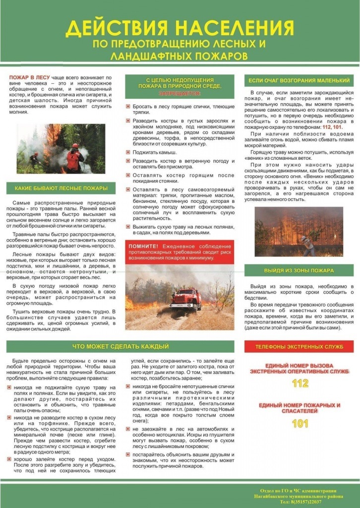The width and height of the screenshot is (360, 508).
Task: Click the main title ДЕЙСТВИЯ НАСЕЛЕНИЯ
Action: pos(180,29)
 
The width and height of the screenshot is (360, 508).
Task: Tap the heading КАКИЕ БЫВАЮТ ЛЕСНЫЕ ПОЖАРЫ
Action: pos(61,188)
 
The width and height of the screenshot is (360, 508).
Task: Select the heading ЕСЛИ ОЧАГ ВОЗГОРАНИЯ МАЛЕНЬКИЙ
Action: pos(299,80)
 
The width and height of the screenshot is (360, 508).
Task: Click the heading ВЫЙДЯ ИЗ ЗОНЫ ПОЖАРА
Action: pos(299,270)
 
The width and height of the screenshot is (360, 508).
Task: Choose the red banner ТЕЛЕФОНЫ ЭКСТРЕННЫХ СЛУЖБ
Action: pos(299,346)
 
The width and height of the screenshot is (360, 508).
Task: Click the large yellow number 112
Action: pos(300,383)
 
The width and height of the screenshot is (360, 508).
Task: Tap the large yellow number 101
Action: pos(300,424)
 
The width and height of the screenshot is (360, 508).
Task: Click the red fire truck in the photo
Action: pos(186,299)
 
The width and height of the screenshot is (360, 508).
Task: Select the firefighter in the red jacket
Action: pos(75,158)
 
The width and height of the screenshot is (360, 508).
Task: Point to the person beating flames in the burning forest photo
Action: pos(304,243)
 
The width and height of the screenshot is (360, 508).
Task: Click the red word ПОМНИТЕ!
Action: pos(143,246)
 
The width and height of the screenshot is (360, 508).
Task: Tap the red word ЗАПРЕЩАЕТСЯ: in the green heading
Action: pos(180,93)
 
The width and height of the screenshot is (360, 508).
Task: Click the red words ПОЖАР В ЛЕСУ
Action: pos(28,78)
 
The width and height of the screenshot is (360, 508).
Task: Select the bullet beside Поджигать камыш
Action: pos(128,152)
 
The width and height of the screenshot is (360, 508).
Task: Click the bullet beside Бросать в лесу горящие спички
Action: pos(128,107)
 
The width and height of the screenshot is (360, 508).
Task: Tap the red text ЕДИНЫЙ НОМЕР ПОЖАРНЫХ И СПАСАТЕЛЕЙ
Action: pos(300,408)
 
